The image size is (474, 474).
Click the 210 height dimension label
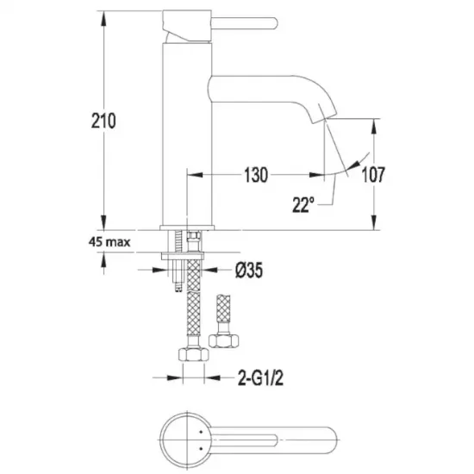coord(103,121)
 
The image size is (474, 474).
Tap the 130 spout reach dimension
coord(256,175)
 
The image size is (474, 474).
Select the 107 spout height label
coord(373,174)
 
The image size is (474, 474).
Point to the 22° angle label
coord(303,204)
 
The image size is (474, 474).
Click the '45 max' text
coord(109,242)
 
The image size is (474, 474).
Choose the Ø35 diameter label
coord(249,270)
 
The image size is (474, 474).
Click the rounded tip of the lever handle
coord(275,23)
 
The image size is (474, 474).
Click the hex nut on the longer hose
coord(193,353)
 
